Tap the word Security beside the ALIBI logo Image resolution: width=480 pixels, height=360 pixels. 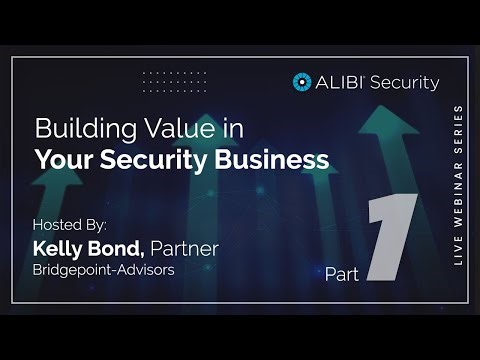click(x=404, y=83)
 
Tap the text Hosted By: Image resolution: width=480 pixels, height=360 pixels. click(x=69, y=223)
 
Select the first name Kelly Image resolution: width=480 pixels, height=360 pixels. click(x=63, y=245)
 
